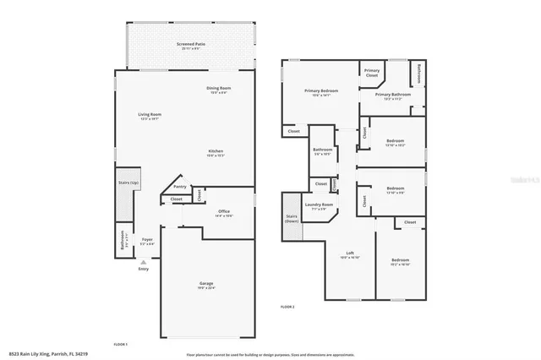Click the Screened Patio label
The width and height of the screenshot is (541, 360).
click(191, 43)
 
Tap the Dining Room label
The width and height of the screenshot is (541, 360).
click(219, 88)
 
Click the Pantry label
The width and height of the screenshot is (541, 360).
click(180, 187)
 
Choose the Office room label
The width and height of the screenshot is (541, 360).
click(224, 211)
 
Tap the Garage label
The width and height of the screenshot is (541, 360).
click(206, 283)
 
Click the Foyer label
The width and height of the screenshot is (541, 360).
click(146, 240)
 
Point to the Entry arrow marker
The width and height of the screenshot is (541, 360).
click(144, 263)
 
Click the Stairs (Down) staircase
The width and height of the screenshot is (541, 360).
click(292, 217)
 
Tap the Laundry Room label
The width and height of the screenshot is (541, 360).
click(320, 205)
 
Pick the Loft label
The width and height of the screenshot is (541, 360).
click(350, 254)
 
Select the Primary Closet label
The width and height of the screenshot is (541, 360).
click(372, 73)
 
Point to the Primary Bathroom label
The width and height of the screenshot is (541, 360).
click(393, 95)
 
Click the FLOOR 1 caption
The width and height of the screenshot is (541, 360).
click(121, 345)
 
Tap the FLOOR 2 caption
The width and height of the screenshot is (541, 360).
click(287, 306)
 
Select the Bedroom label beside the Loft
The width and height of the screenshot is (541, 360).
click(400, 260)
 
